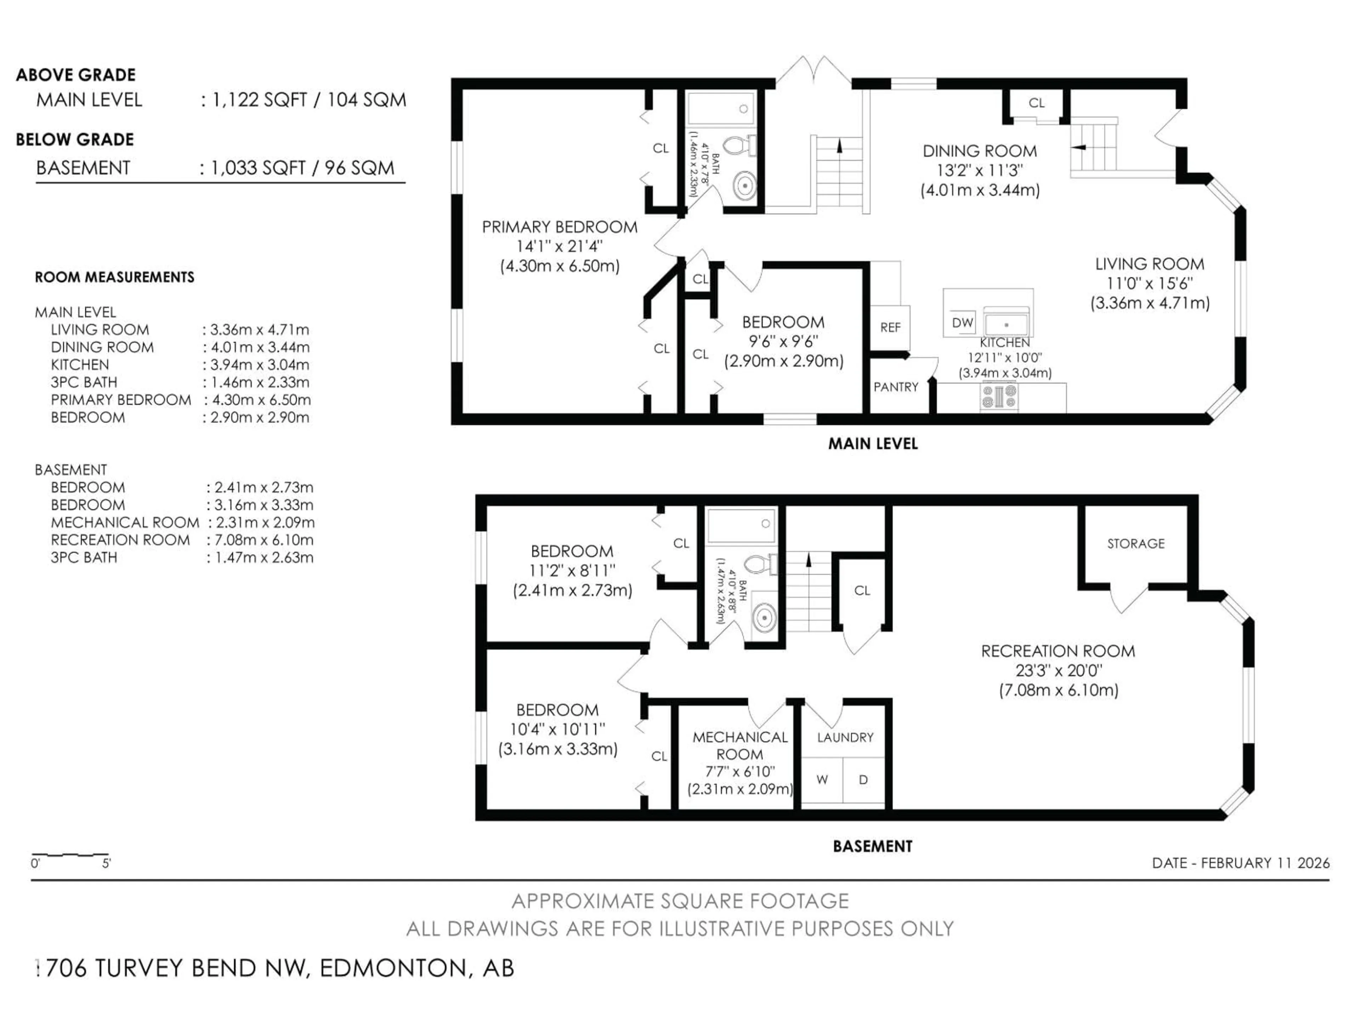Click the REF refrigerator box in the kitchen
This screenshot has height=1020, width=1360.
(x=890, y=328)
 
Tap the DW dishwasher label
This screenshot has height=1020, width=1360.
(x=962, y=322)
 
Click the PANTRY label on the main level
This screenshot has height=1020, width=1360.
(x=896, y=387)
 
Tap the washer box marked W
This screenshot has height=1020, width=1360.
(x=822, y=780)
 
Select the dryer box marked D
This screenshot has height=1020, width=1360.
(x=863, y=780)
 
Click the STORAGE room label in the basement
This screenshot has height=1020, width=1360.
(x=1135, y=544)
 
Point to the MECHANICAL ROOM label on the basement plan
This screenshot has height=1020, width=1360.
(x=740, y=745)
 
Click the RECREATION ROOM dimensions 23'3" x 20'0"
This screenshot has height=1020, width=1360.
(x=1058, y=670)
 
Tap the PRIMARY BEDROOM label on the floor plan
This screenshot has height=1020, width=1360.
(x=560, y=227)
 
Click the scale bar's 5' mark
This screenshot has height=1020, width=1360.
(x=106, y=863)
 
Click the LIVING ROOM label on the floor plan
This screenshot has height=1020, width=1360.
(x=1149, y=264)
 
